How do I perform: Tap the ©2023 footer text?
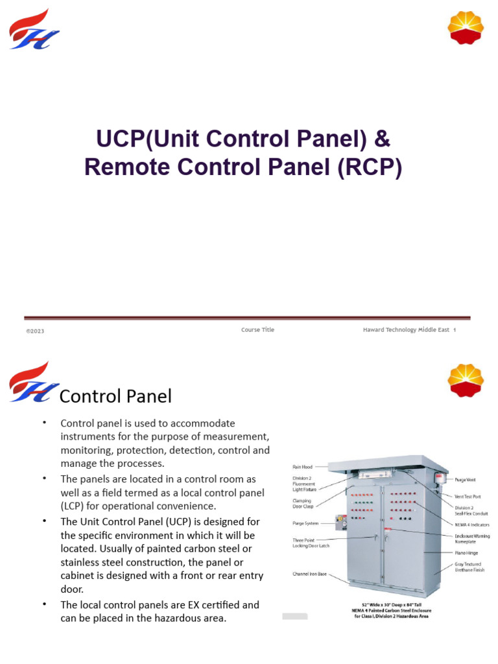click(35, 331)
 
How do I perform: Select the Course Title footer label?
click(257, 330)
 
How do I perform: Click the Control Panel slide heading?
click(115, 396)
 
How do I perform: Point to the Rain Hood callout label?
click(303, 466)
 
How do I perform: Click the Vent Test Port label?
click(468, 497)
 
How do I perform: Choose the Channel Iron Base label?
click(309, 574)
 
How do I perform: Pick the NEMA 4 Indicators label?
click(471, 524)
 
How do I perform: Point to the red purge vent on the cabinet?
click(439, 479)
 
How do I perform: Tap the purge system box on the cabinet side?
click(340, 522)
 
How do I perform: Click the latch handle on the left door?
click(376, 537)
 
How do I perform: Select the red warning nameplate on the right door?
click(387, 530)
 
